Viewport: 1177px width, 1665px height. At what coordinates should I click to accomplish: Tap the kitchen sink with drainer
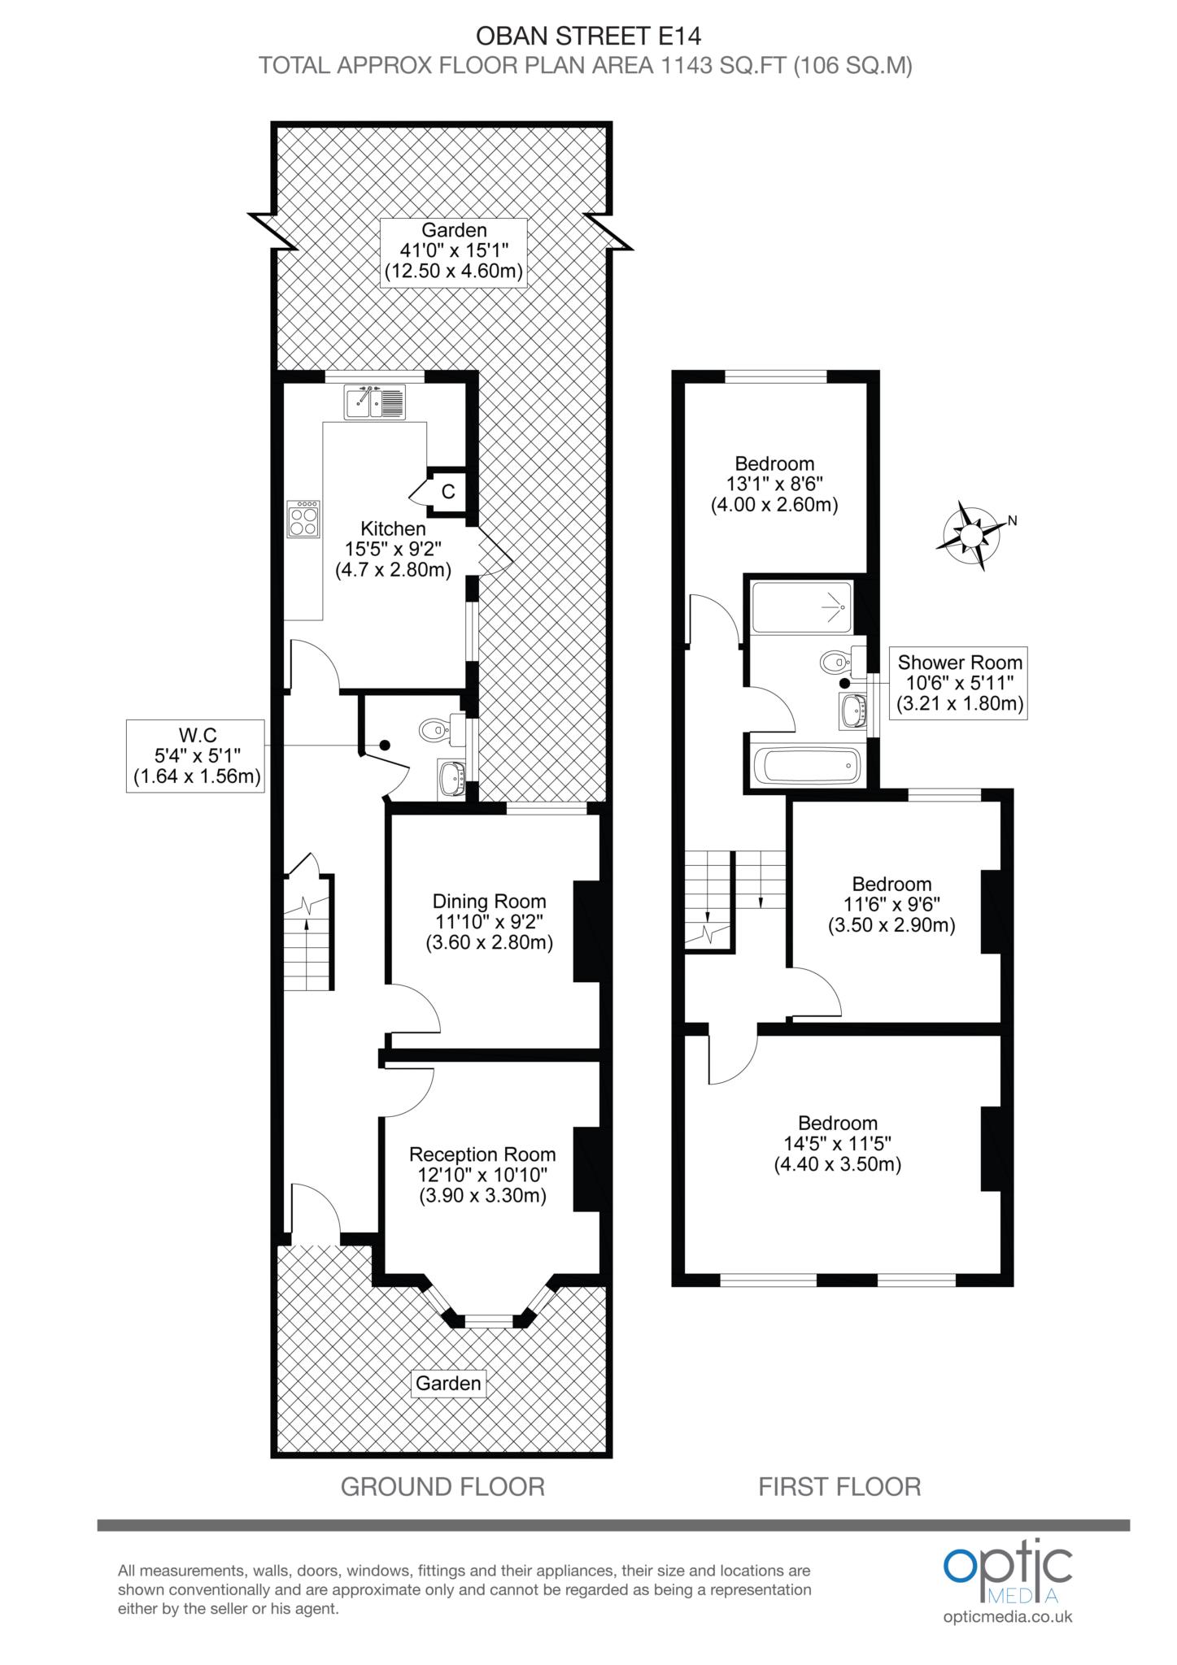point(375,402)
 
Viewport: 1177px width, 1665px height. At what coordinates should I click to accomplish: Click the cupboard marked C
point(447,491)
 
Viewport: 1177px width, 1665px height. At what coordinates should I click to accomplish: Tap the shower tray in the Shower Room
point(802,606)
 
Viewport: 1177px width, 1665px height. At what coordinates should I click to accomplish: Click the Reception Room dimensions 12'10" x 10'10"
point(482,1175)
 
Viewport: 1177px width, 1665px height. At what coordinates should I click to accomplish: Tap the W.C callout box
point(196,755)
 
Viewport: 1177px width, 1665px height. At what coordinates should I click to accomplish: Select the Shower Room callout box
point(959,683)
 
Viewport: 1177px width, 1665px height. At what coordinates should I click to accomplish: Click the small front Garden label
point(448,1383)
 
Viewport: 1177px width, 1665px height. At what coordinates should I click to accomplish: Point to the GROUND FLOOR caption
point(442,1486)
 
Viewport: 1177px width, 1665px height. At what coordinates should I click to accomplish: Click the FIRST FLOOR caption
point(839,1486)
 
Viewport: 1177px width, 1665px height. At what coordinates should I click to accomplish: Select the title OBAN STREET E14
point(587,36)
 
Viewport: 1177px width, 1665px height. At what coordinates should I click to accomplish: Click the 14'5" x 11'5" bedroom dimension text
point(838,1143)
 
